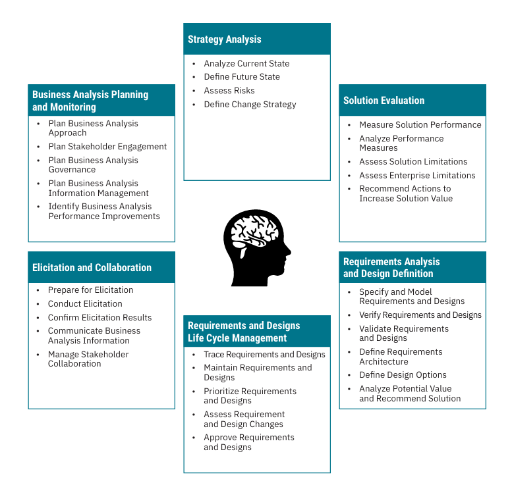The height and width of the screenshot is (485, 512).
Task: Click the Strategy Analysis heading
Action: (224, 39)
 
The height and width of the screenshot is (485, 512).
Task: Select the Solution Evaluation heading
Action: (384, 101)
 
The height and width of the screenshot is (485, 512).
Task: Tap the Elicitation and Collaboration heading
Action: (92, 268)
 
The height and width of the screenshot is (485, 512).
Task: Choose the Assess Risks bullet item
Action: (229, 91)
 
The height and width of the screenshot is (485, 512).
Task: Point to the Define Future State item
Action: (241, 77)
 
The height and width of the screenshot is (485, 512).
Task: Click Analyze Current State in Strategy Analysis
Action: (246, 64)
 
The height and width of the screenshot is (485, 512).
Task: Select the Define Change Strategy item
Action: (250, 105)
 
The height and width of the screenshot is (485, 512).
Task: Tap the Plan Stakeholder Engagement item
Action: (107, 147)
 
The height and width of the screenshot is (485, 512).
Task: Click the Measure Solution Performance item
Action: (420, 125)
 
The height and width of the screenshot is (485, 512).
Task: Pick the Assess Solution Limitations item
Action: (412, 162)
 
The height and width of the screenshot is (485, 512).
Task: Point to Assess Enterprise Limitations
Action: (416, 176)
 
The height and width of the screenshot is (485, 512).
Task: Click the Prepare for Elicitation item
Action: (90, 290)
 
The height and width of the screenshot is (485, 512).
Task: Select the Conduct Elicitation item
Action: (85, 304)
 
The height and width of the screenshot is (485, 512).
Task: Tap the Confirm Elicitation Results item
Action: (100, 318)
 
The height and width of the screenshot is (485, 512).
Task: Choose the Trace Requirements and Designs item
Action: (264, 355)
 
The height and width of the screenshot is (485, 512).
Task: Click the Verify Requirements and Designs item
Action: (420, 315)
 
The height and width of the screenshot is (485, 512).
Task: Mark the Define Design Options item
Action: (403, 375)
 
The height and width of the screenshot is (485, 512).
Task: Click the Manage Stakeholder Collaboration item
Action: (88, 359)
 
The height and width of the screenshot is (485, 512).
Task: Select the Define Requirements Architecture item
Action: (401, 357)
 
